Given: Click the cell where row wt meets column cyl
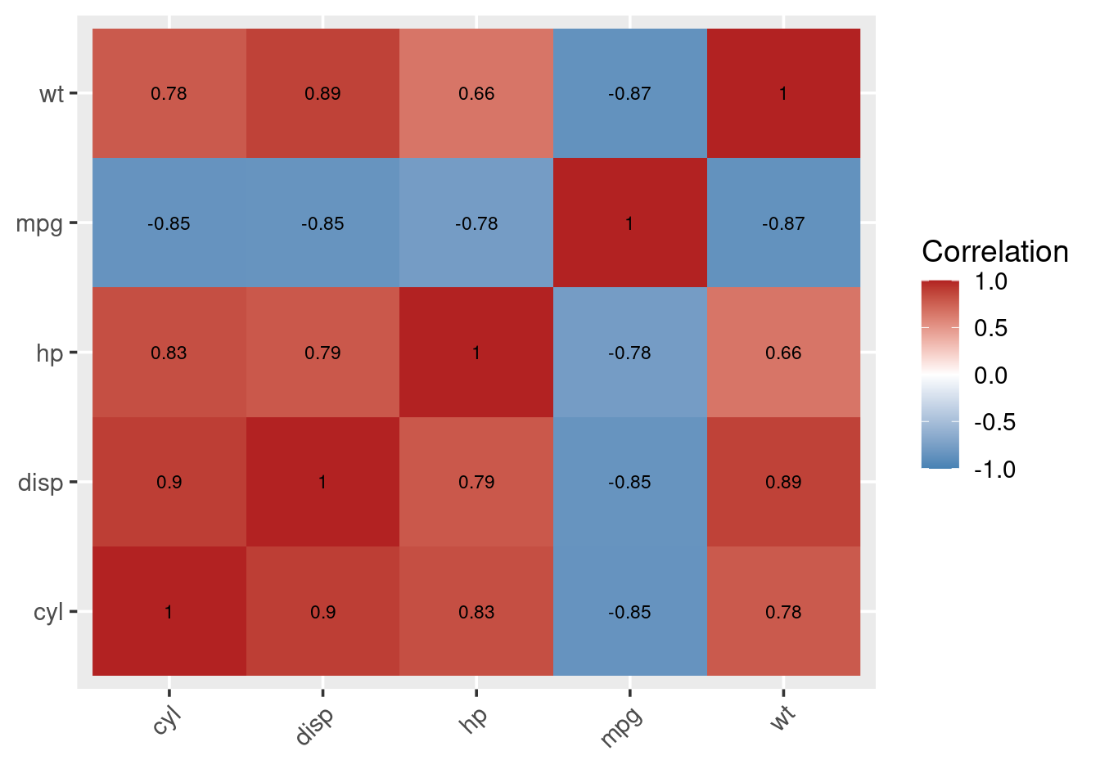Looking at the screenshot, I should tap(169, 93).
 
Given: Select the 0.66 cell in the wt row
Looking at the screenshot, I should tap(476, 93).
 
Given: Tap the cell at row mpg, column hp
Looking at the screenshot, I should tap(476, 223).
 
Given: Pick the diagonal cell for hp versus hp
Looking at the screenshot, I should tap(476, 353).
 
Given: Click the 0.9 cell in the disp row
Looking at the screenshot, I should tap(169, 482).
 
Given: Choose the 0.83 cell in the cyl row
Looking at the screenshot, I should tap(476, 612).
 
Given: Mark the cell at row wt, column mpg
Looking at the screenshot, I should tap(629, 93).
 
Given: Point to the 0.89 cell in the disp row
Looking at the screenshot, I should tap(783, 482).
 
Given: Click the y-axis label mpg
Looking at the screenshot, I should tap(39, 223).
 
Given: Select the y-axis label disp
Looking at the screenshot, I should tap(41, 483).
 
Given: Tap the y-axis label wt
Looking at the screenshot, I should tap(51, 94).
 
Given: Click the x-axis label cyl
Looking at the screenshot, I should tap(166, 720).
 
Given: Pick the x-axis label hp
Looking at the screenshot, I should tap(475, 717).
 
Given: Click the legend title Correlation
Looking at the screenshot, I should tap(994, 251).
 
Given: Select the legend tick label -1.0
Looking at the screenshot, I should tap(994, 470).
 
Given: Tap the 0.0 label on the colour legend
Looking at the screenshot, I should tap(990, 376).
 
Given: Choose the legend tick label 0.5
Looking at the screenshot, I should tap(990, 328).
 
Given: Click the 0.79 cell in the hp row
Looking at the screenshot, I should tap(322, 353).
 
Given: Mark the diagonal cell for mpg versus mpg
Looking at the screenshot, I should tap(629, 223).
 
